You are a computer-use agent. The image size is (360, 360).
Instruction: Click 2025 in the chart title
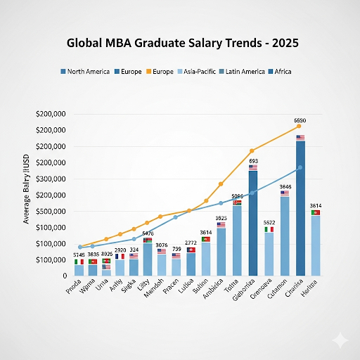click(282, 43)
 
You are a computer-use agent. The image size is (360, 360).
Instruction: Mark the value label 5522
click(269, 222)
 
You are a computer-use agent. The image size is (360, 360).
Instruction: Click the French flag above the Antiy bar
click(120, 256)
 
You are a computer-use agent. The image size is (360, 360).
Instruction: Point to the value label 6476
click(148, 233)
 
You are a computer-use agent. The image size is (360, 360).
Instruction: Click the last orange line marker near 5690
click(299, 127)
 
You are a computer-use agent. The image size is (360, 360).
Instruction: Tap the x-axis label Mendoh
click(157, 290)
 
